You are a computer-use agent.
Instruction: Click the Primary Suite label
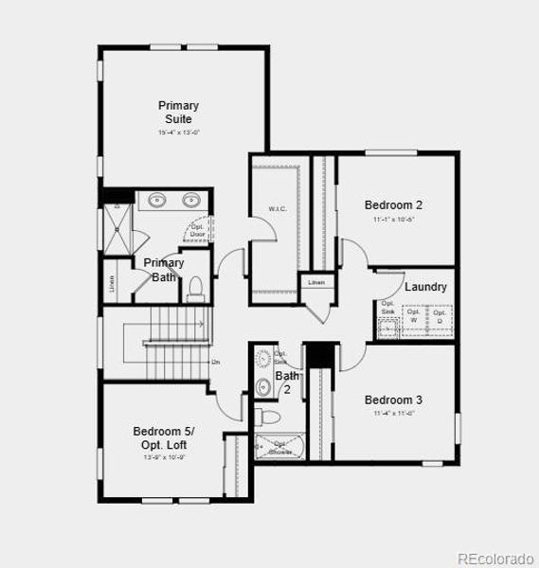tap(178, 112)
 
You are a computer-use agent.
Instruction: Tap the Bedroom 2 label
tap(393, 204)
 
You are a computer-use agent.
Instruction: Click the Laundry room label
tap(425, 287)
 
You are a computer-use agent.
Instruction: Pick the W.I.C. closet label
tap(277, 209)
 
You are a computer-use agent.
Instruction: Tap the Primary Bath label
tap(164, 270)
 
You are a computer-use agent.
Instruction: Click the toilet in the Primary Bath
tap(196, 286)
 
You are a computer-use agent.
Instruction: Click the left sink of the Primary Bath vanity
tap(156, 200)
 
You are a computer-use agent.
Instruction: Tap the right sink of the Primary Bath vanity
tap(191, 200)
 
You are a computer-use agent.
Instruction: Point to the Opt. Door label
tap(198, 230)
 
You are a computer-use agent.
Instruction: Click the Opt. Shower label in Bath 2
tap(281, 448)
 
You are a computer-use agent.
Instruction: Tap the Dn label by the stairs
tap(216, 362)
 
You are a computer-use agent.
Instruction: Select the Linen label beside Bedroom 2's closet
tap(316, 282)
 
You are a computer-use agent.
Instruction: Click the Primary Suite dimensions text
tap(178, 133)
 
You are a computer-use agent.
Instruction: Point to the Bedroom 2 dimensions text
tap(393, 219)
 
